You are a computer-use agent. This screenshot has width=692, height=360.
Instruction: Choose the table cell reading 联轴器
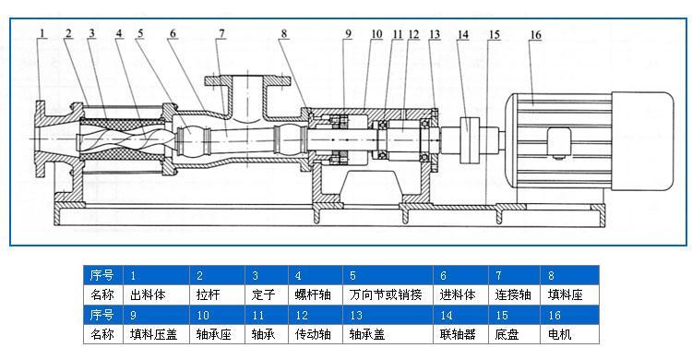(461, 333)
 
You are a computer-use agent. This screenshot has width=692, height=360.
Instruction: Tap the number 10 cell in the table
(218, 315)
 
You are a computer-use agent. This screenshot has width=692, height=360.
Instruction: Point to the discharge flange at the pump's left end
(42, 143)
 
